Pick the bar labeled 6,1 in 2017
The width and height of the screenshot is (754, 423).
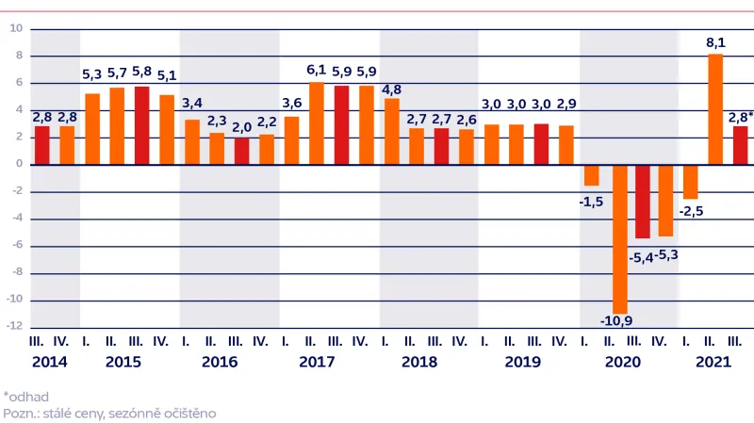(317, 123)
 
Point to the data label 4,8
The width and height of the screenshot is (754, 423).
(391, 90)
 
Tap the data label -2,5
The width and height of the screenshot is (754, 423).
(693, 211)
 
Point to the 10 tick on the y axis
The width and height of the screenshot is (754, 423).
(16, 28)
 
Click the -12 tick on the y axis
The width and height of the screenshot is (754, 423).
(14, 327)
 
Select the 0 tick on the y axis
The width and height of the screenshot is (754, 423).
(18, 165)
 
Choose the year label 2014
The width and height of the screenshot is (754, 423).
(50, 362)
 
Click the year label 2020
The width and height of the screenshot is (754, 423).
(622, 362)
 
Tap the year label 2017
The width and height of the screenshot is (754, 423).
(317, 362)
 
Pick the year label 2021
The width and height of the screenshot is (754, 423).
(714, 362)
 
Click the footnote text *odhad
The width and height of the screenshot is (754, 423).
(26, 397)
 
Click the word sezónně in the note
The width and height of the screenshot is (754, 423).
(131, 412)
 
